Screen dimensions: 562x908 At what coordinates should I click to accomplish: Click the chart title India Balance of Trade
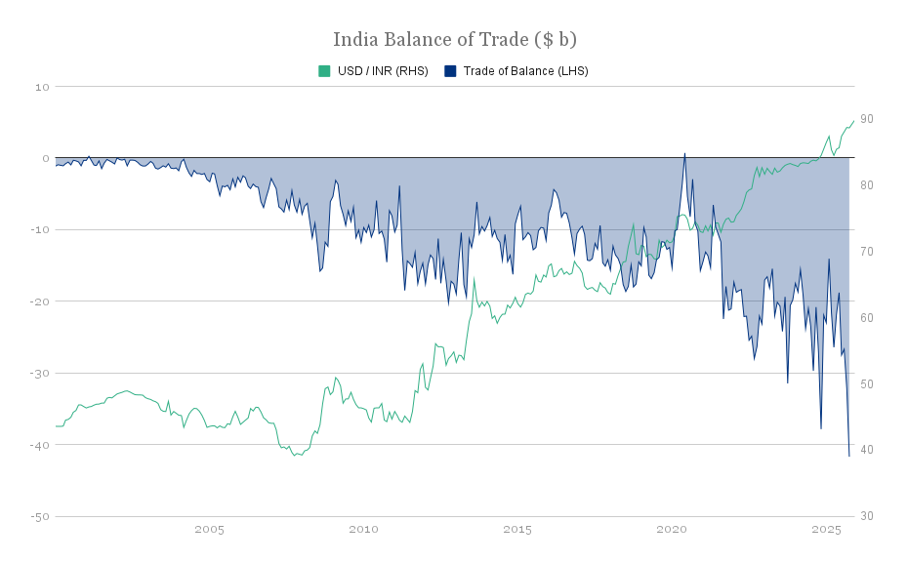pyautogui.click(x=454, y=39)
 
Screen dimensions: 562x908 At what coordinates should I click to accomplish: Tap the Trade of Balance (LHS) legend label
pyautogui.click(x=525, y=71)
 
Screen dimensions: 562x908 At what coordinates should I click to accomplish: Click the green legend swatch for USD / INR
pyautogui.click(x=324, y=71)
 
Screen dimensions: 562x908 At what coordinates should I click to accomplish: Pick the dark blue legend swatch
pyautogui.click(x=449, y=71)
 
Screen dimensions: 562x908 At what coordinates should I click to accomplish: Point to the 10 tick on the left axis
pyautogui.click(x=42, y=87)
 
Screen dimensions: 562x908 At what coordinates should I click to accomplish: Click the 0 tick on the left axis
pyautogui.click(x=45, y=158)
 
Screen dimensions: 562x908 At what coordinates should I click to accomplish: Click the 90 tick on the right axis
pyautogui.click(x=866, y=119)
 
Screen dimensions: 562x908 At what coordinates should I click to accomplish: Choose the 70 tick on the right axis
pyautogui.click(x=866, y=252)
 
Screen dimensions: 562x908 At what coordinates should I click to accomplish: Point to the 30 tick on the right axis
pyautogui.click(x=866, y=516)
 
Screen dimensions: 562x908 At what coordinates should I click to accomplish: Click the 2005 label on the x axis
pyautogui.click(x=209, y=530)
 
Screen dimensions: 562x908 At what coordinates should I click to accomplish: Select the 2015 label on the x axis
pyautogui.click(x=517, y=530)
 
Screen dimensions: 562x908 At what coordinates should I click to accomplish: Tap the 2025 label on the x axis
pyautogui.click(x=826, y=530)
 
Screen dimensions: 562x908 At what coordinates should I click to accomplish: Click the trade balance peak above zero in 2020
pyautogui.click(x=684, y=153)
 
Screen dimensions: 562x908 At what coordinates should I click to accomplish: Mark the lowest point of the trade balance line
pyautogui.click(x=848, y=456)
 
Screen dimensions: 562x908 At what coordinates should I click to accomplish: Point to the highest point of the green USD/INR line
pyautogui.click(x=853, y=121)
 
